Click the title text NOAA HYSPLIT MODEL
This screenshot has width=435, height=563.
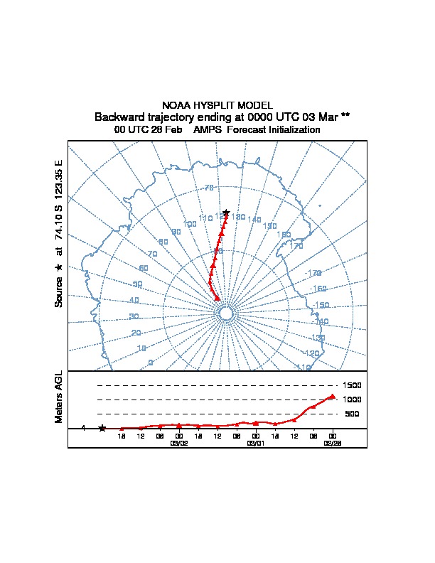(x=217, y=105)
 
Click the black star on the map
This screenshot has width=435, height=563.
(x=226, y=213)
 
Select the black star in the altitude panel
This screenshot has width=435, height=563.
(x=102, y=428)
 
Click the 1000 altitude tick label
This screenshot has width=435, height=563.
(x=353, y=400)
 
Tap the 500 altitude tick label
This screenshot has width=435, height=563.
(x=352, y=414)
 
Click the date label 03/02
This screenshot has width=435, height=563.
(x=178, y=442)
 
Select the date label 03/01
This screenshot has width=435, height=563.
(x=255, y=442)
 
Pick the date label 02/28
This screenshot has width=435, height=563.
(x=332, y=442)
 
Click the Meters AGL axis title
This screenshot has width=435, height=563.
(x=59, y=397)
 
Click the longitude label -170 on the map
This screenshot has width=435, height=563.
(x=313, y=273)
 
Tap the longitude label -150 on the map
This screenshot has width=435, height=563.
(x=321, y=305)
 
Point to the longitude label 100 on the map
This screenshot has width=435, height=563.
(x=190, y=225)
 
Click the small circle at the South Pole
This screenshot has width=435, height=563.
(x=226, y=313)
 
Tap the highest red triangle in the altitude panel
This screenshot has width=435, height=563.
(x=332, y=397)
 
